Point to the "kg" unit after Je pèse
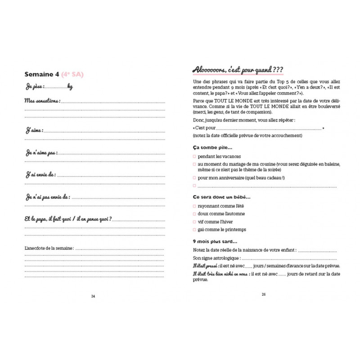[x=70, y=87]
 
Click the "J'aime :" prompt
[x=34, y=130]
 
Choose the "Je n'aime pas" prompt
[x=41, y=153]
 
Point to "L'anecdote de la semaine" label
[x=49, y=248]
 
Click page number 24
[x=93, y=296]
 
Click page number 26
[x=264, y=295]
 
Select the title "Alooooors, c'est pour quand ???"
[x=237, y=70]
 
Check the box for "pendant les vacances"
[x=194, y=157]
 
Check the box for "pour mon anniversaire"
[x=194, y=178]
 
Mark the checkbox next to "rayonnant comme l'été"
[x=194, y=206]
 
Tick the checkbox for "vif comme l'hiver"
[x=194, y=222]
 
